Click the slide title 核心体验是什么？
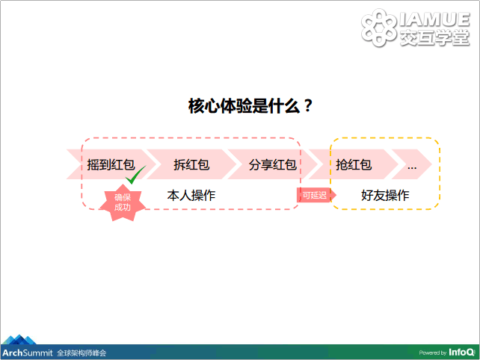coord(250,106)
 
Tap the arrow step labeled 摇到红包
coord(111,164)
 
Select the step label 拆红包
coord(191,164)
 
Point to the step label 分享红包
coord(272,164)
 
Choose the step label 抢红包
coord(354,164)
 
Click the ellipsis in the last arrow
coord(412,167)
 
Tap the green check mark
coord(135,175)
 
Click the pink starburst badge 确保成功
coord(123,202)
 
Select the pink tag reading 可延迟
coord(316,195)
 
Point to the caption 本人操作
coord(191,195)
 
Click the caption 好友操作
coord(385,195)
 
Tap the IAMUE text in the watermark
coord(434,19)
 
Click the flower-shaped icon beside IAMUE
coord(378,28)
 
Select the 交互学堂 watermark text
coord(434,38)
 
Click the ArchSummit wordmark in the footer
coord(28,353)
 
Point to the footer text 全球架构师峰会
coord(81,353)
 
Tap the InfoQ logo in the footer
coord(461,353)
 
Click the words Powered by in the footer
coord(433,353)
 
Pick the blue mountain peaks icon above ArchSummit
coord(19,340)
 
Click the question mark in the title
coord(308,106)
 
